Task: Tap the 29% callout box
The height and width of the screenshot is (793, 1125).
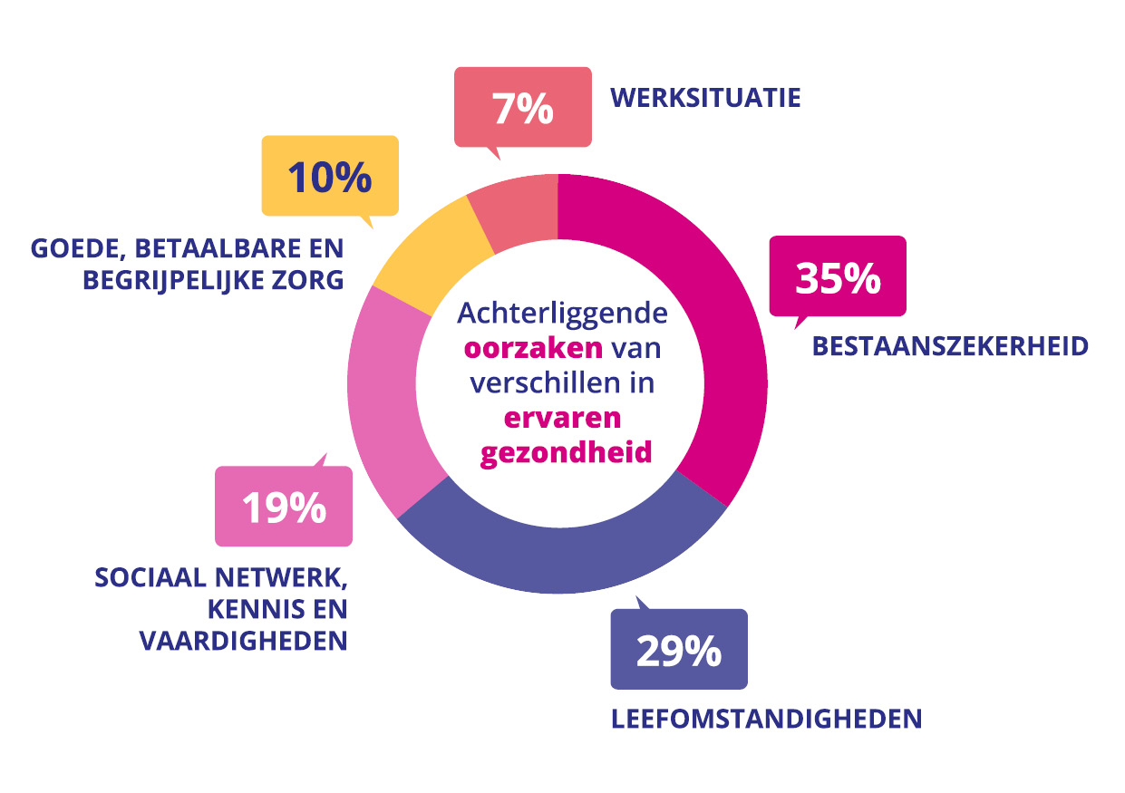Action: pyautogui.click(x=678, y=650)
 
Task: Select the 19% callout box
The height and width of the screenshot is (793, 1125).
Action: pyautogui.click(x=283, y=507)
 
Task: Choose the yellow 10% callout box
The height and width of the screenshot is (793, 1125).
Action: pyautogui.click(x=329, y=176)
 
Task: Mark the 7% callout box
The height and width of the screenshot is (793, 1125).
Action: pyautogui.click(x=522, y=107)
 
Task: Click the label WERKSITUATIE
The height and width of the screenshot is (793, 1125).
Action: pyautogui.click(x=705, y=98)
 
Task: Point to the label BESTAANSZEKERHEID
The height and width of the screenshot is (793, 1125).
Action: pyautogui.click(x=950, y=347)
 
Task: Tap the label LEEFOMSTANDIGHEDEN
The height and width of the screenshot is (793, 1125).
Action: pyautogui.click(x=766, y=720)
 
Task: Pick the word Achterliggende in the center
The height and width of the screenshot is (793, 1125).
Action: pyautogui.click(x=562, y=314)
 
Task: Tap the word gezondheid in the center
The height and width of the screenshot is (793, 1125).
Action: pyautogui.click(x=566, y=452)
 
